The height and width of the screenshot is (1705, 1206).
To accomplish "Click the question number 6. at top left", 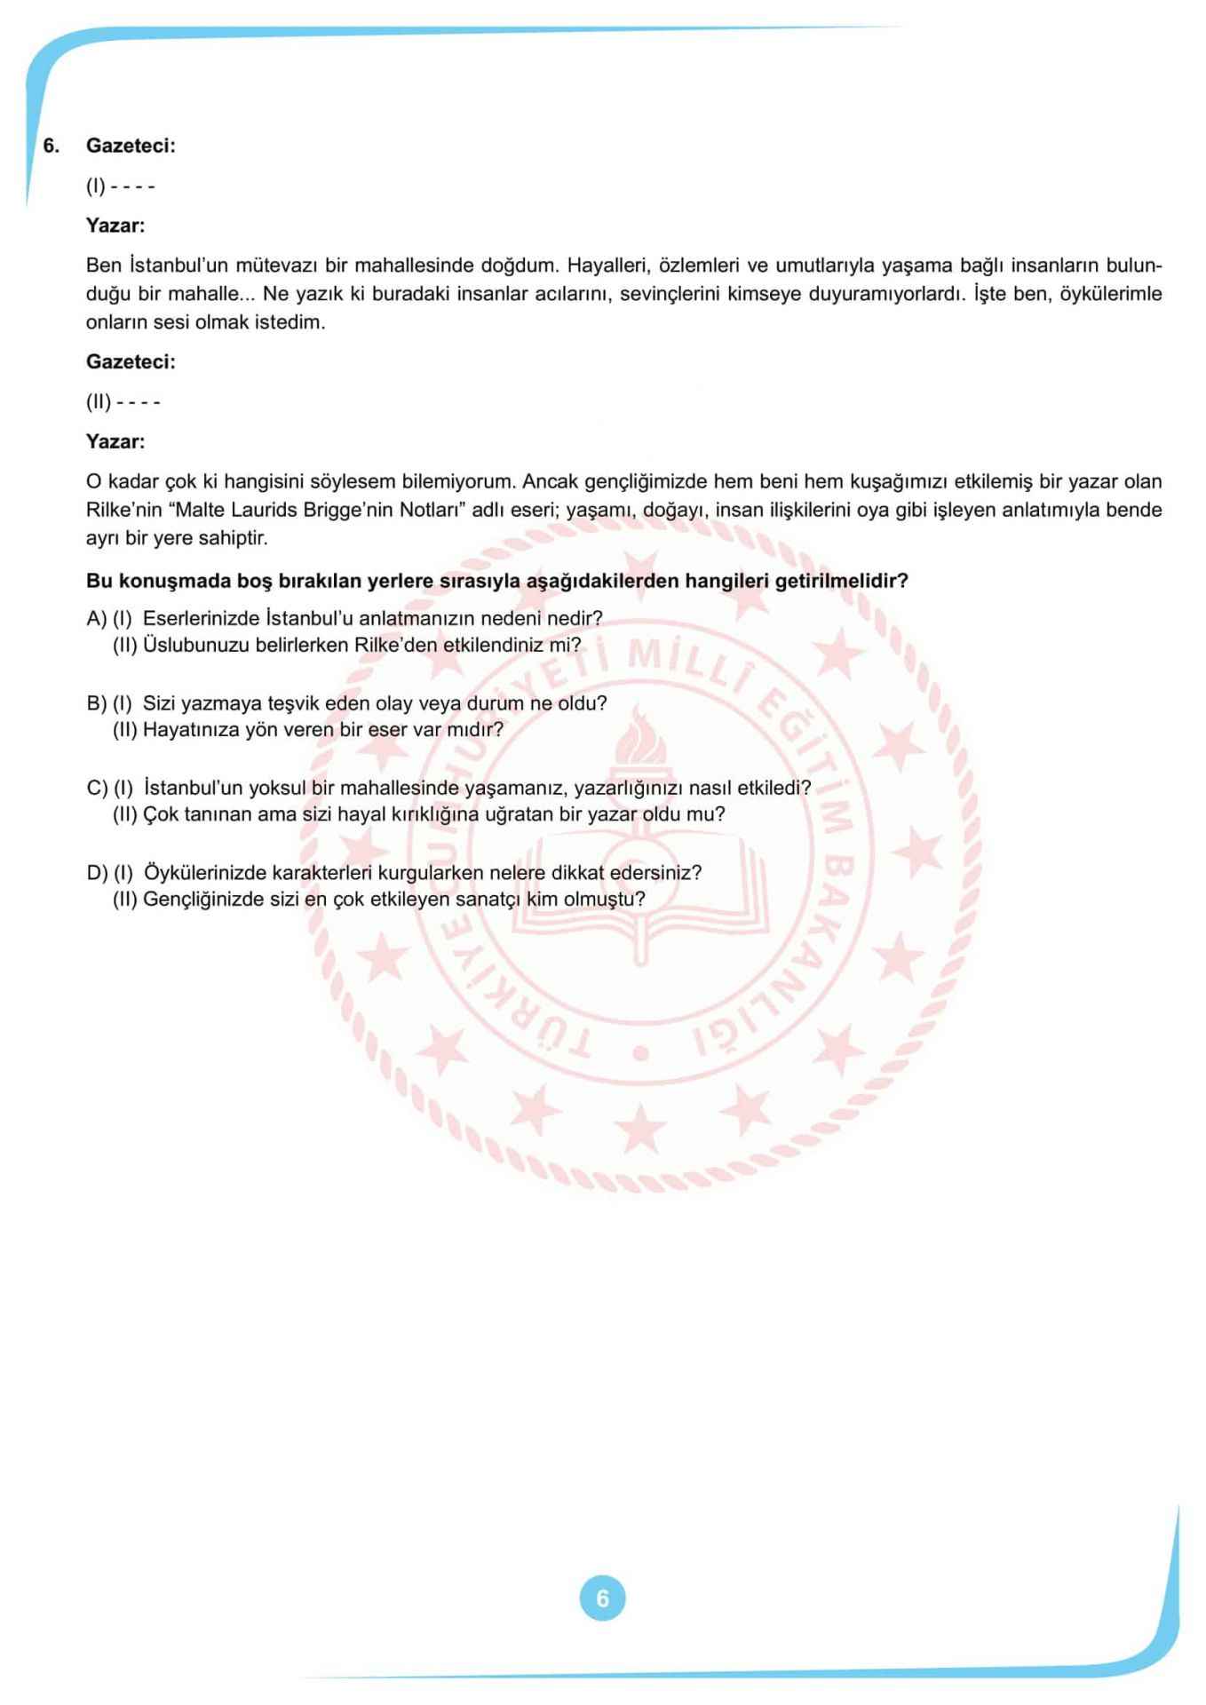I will click(52, 146).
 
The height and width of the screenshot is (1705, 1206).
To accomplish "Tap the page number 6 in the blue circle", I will click(602, 1598).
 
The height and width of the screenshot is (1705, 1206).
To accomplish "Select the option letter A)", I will click(96, 618).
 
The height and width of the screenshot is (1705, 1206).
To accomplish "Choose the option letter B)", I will click(96, 703).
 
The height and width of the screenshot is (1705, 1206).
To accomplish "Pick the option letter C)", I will click(96, 788).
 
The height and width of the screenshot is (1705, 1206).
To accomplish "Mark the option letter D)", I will click(96, 873).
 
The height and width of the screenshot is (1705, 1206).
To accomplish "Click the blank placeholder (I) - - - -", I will click(121, 186).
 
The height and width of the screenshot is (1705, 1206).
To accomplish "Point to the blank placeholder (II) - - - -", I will click(123, 402).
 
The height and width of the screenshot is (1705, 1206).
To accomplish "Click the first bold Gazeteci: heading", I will click(131, 146).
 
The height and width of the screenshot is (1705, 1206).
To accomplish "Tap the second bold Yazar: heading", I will click(115, 441).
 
